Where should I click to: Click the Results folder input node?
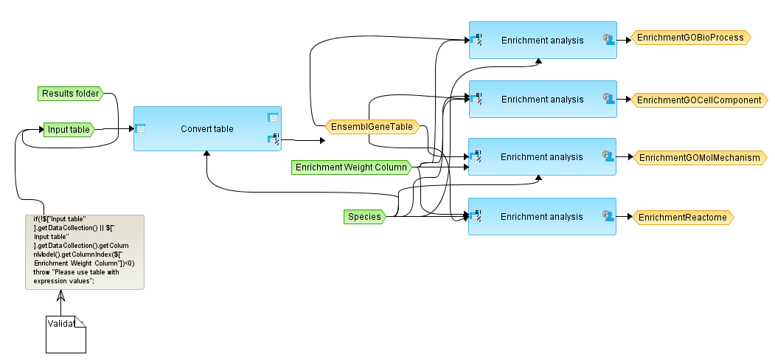70,94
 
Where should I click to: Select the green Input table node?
68,130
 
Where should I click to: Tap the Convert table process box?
207,129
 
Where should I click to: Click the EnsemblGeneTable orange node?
372,127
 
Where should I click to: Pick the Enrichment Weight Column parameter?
351,167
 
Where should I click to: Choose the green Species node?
364,217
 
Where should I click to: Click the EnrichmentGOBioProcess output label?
690,38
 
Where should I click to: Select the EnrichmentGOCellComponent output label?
698,100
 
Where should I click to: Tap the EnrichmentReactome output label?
682,217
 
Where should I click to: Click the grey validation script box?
84,252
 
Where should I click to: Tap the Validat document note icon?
66,334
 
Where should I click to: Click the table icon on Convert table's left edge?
140,128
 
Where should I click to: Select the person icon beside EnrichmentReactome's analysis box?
608,216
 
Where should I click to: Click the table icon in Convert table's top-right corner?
273,117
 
